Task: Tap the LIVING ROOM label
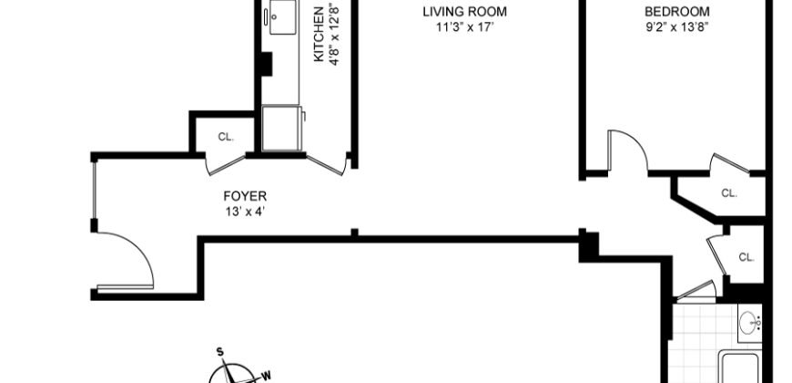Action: pyautogui.click(x=464, y=12)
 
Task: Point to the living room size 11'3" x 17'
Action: pyautogui.click(x=464, y=26)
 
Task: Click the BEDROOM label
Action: pyautogui.click(x=676, y=12)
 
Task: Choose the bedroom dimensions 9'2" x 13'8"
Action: pyautogui.click(x=676, y=26)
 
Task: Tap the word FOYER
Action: pyautogui.click(x=246, y=195)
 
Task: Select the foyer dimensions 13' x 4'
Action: pyautogui.click(x=246, y=211)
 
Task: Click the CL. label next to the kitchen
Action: pyautogui.click(x=225, y=137)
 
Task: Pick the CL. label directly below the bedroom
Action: pyautogui.click(x=728, y=192)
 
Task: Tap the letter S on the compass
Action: pyautogui.click(x=219, y=351)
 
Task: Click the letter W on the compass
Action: pyautogui.click(x=266, y=373)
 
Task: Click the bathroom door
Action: pyautogui.click(x=696, y=293)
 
